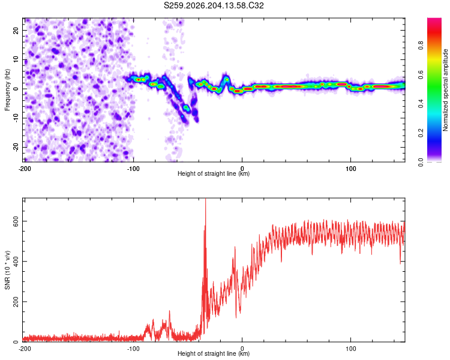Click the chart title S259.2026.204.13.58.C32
pyautogui.click(x=214, y=5)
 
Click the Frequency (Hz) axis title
pyautogui.click(x=7, y=90)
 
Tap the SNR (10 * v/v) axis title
pyautogui.click(x=7, y=270)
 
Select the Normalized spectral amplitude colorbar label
pyautogui.click(x=445, y=90)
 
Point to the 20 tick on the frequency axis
pyautogui.click(x=16, y=30)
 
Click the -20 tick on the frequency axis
pyautogui.click(x=16, y=147)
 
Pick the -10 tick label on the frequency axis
pyautogui.click(x=16, y=118)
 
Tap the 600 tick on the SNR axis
pyautogui.click(x=16, y=221)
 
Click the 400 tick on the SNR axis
pyautogui.click(x=16, y=262)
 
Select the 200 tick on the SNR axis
pyautogui.click(x=16, y=302)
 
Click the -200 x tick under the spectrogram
pyautogui.click(x=25, y=169)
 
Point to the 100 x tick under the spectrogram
pyautogui.click(x=351, y=169)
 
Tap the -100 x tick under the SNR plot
pyautogui.click(x=133, y=349)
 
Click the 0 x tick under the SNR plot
pyautogui.click(x=242, y=349)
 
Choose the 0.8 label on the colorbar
pyautogui.click(x=421, y=46)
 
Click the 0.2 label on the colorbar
pyautogui.click(x=421, y=133)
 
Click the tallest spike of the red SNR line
pyautogui.click(x=205, y=199)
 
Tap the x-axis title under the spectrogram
pyautogui.click(x=214, y=173)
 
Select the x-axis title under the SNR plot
pyautogui.click(x=214, y=353)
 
